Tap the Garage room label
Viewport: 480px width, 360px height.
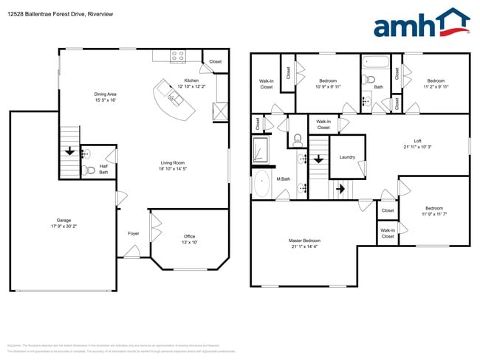64,221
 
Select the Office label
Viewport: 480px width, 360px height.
189,236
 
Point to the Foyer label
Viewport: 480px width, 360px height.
133,233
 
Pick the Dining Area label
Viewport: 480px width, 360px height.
105,94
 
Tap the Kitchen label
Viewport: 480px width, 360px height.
191,80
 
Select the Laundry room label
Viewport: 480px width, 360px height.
347,157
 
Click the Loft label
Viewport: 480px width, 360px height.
417,141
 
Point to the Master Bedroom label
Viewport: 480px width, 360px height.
304,240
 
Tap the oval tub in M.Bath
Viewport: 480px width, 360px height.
262,184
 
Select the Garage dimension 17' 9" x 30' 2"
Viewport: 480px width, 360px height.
64,226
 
